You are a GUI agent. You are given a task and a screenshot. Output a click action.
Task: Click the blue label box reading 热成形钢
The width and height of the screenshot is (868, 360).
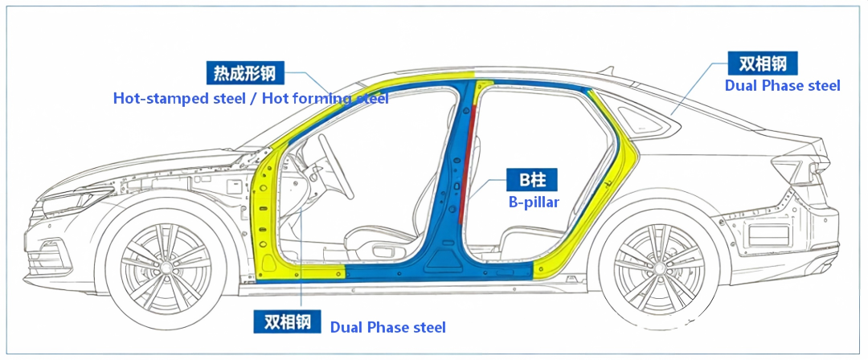pyautogui.click(x=245, y=73)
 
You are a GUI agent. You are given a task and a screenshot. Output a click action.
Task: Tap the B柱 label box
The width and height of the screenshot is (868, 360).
pyautogui.click(x=532, y=180)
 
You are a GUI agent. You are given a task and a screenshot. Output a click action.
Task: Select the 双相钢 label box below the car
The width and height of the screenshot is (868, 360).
pyautogui.click(x=287, y=321)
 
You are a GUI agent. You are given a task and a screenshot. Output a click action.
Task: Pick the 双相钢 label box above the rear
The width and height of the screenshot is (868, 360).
pyautogui.click(x=763, y=63)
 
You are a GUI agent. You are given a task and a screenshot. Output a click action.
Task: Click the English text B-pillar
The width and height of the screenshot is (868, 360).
pyautogui.click(x=534, y=202)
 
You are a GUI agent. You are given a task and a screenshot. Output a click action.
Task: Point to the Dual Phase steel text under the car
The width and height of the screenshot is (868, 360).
pyautogui.click(x=387, y=327)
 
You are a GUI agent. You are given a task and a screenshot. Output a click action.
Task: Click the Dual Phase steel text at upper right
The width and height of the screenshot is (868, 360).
pyautogui.click(x=782, y=85)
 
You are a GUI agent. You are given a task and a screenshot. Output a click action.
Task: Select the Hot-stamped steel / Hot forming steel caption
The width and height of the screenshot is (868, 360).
pyautogui.click(x=251, y=99)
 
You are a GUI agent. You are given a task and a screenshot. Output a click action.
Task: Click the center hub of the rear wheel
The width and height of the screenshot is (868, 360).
pyautogui.click(x=658, y=267)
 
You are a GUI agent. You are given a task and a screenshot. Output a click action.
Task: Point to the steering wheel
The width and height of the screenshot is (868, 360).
pyautogui.click(x=336, y=166)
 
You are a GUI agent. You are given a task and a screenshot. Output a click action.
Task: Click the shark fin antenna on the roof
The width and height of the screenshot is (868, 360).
pyautogui.click(x=607, y=71)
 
